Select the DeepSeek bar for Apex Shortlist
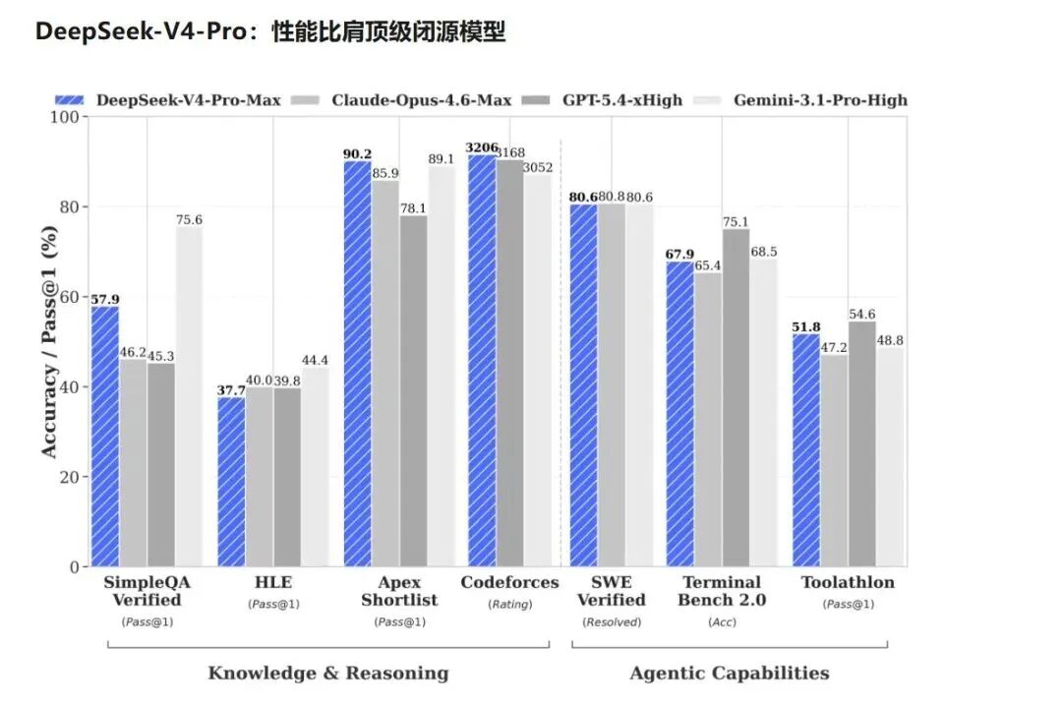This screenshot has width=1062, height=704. [x=357, y=364]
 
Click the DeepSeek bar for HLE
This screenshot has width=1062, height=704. [x=231, y=482]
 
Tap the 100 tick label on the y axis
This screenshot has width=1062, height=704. [x=66, y=117]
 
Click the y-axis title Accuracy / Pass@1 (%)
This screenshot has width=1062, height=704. [x=49, y=342]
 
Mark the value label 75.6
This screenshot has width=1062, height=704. [x=189, y=220]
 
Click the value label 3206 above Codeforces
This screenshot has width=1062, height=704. [x=481, y=147]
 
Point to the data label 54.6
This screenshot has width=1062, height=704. [x=862, y=315]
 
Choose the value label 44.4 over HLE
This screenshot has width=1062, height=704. [x=315, y=361]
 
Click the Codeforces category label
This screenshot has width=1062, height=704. [x=509, y=582]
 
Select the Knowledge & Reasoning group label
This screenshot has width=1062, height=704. [x=327, y=674]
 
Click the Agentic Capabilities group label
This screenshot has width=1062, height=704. [x=729, y=674]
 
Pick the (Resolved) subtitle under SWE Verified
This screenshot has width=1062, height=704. [x=611, y=621]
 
